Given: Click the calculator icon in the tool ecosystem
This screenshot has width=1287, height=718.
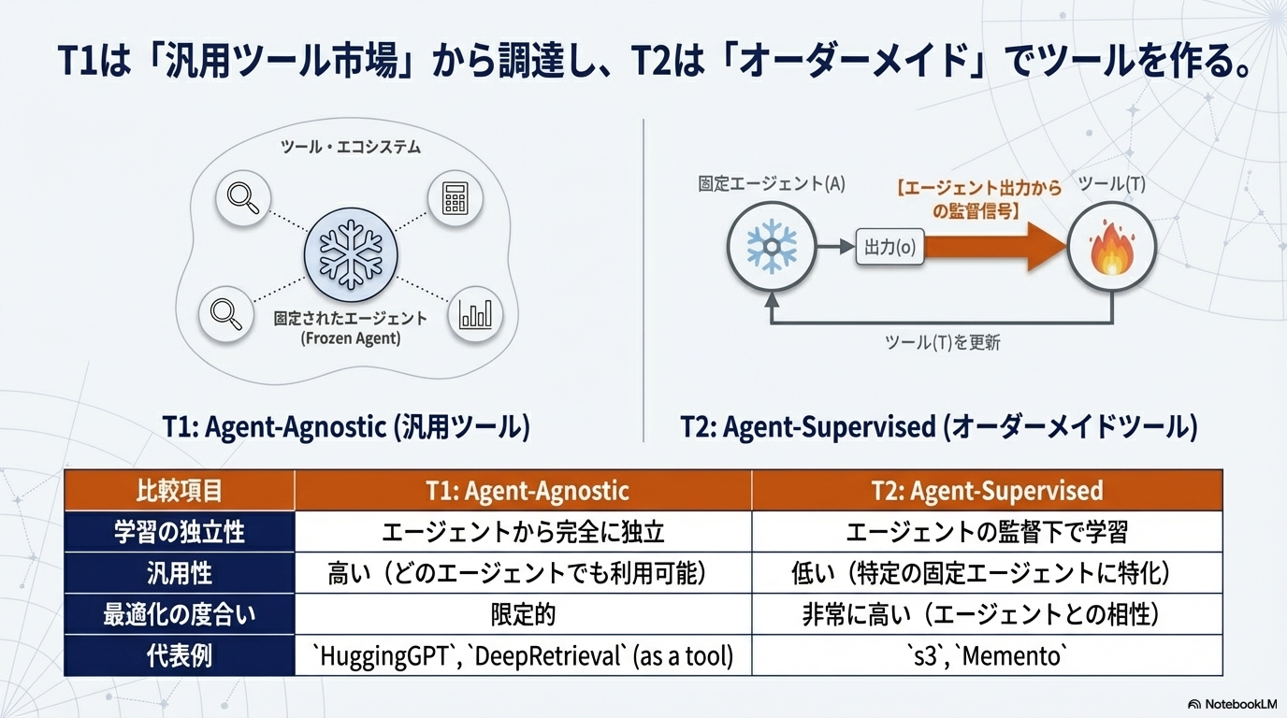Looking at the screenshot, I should coord(455,198).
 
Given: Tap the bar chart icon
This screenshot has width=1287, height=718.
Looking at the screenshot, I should coord(475,315).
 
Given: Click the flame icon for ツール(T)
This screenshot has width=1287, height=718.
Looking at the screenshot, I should coord(1112,249).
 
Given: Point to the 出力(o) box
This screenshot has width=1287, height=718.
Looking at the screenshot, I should coord(889,248).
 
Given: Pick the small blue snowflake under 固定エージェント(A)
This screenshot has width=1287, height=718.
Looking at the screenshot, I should coord(772,248).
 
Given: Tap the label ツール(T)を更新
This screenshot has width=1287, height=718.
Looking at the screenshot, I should coord(942,342).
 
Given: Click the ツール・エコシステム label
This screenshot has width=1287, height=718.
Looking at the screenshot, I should coord(351,148).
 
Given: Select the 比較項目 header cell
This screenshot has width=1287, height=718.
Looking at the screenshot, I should coord(180,490).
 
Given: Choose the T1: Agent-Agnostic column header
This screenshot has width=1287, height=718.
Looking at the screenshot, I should coord(522,490).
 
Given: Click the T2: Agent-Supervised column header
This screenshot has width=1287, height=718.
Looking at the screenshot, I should coord(987,490).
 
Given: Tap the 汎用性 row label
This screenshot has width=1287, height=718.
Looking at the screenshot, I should coord(180,573).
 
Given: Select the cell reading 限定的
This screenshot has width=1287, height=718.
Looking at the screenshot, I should coord(522,614).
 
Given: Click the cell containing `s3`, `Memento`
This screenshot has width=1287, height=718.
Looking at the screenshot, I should coord(987,656).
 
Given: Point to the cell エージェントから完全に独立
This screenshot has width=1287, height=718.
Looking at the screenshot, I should coord(522,532).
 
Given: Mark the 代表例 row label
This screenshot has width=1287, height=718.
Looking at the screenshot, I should coord(180,656).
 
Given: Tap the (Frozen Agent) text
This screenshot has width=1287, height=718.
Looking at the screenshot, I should coord(351,338).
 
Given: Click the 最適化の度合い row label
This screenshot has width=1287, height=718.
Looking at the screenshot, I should coord(180,614).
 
